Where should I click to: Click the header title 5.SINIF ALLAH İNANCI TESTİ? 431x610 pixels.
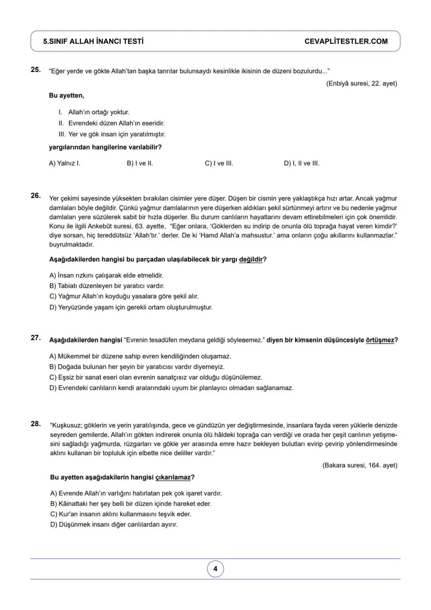93,42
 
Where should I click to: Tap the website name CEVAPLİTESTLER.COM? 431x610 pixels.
346,42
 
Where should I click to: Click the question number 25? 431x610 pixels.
36,70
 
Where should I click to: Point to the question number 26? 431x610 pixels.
36,195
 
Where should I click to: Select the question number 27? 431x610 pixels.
36,338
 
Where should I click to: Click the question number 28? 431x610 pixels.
36,423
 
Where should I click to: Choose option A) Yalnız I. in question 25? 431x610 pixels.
64,163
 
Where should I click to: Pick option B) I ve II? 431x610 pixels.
140,163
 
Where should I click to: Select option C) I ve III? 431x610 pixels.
219,163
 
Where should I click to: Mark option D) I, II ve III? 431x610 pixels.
301,163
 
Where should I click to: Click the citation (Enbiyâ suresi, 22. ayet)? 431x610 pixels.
361,83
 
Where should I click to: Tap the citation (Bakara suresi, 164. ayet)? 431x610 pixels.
360,465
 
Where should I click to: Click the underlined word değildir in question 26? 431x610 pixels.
251,260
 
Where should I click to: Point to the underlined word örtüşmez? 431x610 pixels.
380,340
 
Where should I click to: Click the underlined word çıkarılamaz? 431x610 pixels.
173,477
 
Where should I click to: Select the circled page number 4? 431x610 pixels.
215,569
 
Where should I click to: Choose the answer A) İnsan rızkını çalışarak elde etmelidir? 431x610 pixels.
106,276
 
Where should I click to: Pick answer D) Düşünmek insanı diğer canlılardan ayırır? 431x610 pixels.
114,525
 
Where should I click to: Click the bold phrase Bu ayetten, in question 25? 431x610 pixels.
66,95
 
